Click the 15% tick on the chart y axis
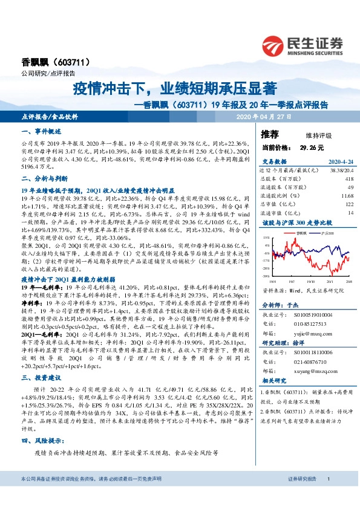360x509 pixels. click(265, 240)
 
